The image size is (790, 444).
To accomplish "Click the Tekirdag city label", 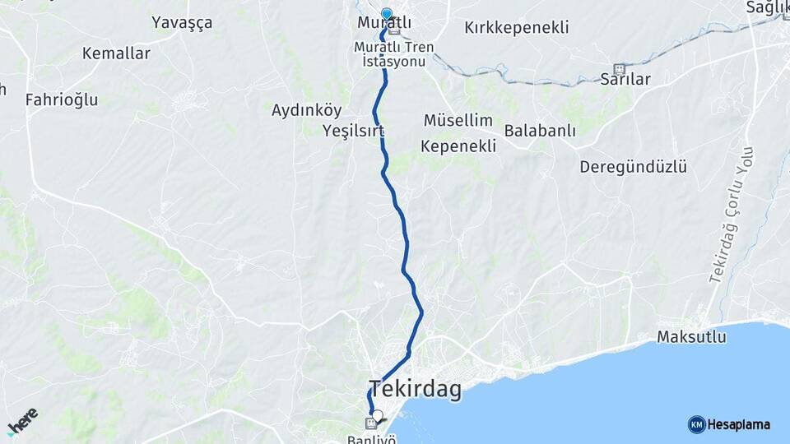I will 416,388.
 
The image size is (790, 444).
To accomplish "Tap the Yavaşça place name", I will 182,22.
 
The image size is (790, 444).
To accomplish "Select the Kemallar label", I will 116,53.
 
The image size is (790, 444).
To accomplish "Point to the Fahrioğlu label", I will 62,99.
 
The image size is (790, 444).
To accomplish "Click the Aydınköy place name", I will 306,109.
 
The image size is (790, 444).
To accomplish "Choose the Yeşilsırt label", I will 354,130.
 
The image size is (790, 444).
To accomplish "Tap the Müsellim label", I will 458,120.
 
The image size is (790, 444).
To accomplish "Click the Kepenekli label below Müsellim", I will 458,146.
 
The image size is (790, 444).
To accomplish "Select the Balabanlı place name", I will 540,130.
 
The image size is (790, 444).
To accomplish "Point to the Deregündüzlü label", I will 633,167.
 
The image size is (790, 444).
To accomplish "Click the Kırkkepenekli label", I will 517,27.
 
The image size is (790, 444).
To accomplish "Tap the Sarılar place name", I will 625,80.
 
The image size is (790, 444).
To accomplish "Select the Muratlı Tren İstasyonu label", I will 393,54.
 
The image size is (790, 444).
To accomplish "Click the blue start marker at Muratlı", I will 386,14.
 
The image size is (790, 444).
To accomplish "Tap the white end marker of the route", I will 378,415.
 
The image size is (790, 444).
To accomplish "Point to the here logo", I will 22,420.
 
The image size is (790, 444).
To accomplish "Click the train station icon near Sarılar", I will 619,69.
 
